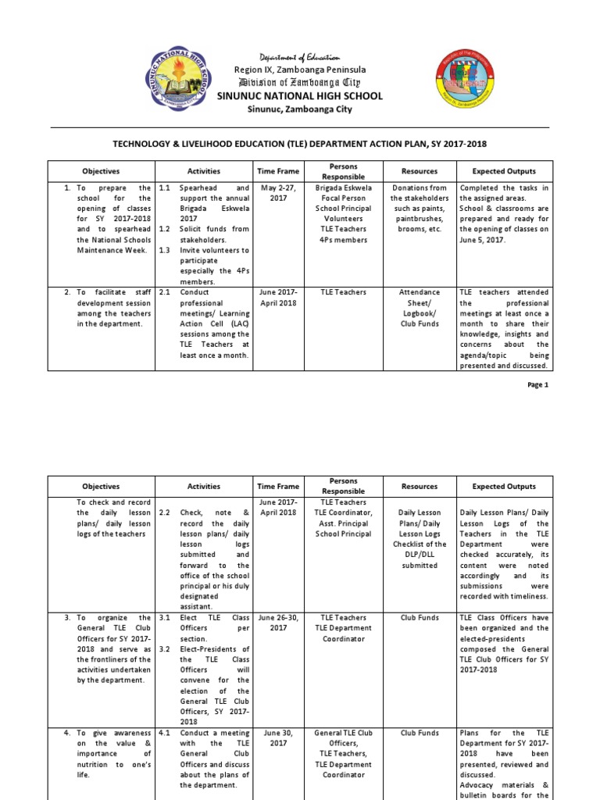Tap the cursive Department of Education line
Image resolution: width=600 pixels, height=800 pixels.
click(300, 58)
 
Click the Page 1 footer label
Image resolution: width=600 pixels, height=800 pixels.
click(538, 384)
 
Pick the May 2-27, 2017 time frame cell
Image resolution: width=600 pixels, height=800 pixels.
click(277, 193)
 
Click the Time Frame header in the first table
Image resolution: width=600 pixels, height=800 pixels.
click(277, 171)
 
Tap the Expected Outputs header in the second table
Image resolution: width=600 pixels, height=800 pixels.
click(504, 487)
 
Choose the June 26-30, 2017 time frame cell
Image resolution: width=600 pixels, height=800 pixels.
click(277, 622)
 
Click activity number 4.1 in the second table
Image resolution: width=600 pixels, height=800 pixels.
click(165, 734)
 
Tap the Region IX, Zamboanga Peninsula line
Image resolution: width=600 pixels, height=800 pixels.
click(300, 70)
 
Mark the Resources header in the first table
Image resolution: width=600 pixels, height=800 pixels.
click(420, 171)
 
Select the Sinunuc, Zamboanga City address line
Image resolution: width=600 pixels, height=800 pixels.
click(300, 109)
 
